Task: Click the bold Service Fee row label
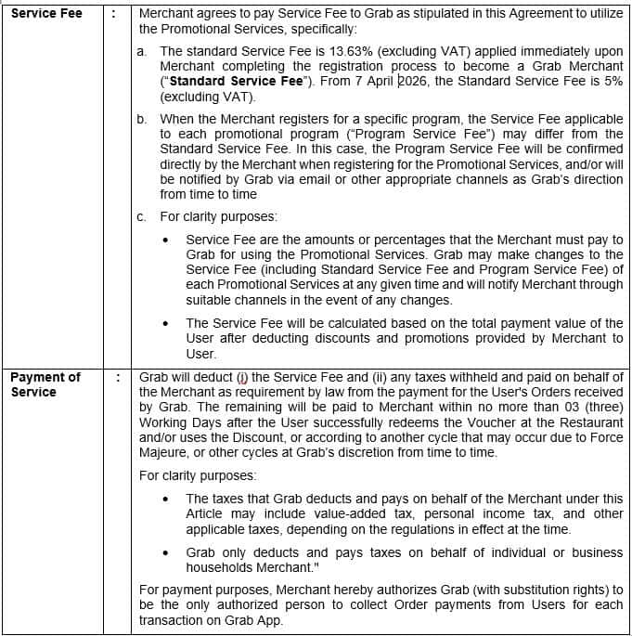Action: click(x=47, y=13)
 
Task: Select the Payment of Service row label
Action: click(x=45, y=384)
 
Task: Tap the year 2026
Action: click(x=417, y=82)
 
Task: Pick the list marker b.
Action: click(x=142, y=120)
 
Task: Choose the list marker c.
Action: click(x=141, y=217)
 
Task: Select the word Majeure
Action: click(x=165, y=453)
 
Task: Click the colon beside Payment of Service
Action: click(x=117, y=377)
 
